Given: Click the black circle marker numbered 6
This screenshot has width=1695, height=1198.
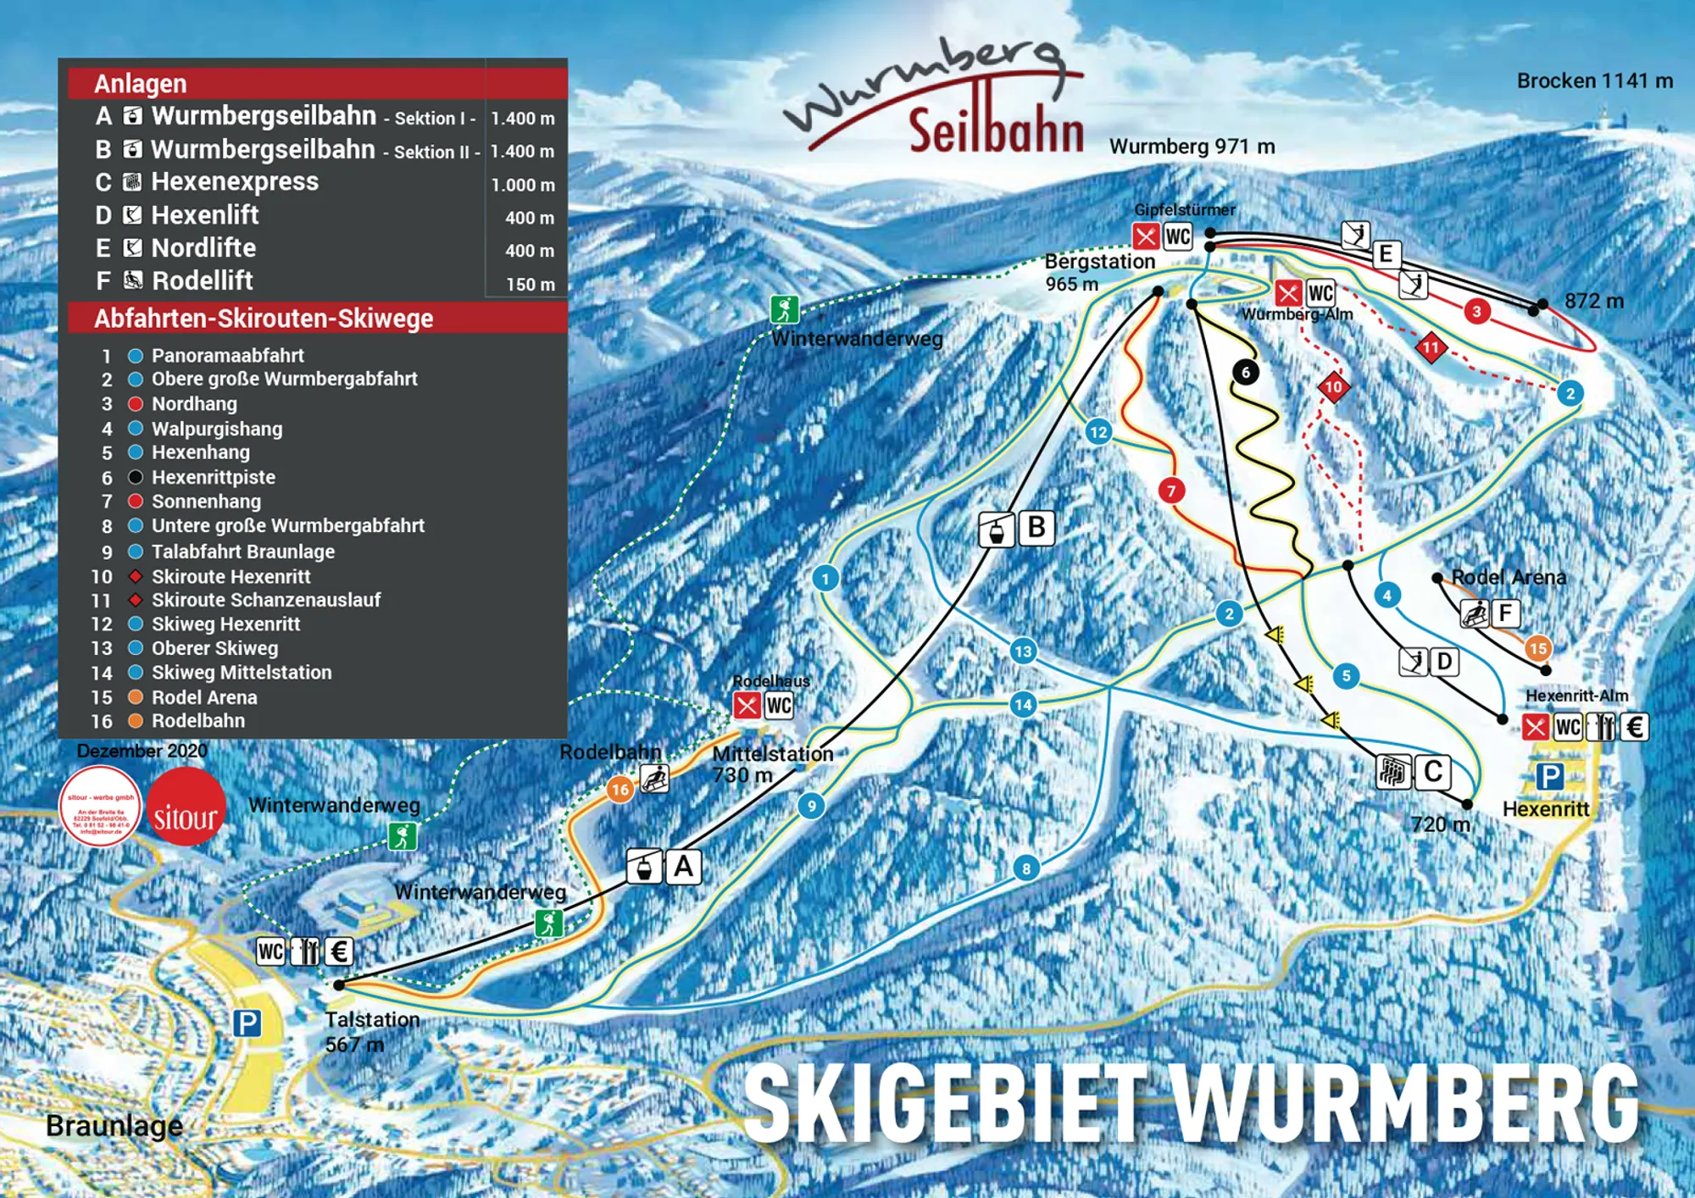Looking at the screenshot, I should coord(1245,372).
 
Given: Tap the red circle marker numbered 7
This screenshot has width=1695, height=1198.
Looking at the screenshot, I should coord(1171,491).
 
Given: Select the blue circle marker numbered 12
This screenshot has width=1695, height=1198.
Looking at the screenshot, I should coord(1098,432).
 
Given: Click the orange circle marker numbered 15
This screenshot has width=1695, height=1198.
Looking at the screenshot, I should coord(1537,648).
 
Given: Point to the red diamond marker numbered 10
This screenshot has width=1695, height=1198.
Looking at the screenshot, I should coord(1333,387).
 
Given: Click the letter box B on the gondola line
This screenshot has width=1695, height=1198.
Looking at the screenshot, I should coord(1036,527).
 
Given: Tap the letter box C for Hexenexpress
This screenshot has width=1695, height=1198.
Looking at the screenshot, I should coord(1433,772).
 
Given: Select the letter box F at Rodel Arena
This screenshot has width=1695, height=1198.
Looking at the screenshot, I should coord(1505,613).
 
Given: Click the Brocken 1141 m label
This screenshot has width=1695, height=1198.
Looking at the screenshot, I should coord(1594,81).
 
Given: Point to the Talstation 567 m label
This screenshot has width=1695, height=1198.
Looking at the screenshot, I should coord(371,1031).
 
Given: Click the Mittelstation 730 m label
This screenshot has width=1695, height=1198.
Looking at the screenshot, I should coord(771,763).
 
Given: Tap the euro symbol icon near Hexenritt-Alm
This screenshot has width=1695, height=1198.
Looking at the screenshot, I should coord(1635,727).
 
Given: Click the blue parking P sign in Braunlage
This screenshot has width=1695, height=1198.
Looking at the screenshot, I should coord(247,1023).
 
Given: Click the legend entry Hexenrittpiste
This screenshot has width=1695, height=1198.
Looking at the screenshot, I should coord(213,477).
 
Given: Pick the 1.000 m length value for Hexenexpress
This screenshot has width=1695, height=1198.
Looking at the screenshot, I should coord(522,185).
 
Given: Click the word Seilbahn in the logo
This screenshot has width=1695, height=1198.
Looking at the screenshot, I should coord(996,131).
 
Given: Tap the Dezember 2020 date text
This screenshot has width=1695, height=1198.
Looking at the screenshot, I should coord(142,751).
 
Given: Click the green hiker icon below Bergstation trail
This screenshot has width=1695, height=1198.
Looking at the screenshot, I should coord(784,309).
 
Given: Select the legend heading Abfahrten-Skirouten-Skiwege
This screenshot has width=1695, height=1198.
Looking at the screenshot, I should coord(264,319).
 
